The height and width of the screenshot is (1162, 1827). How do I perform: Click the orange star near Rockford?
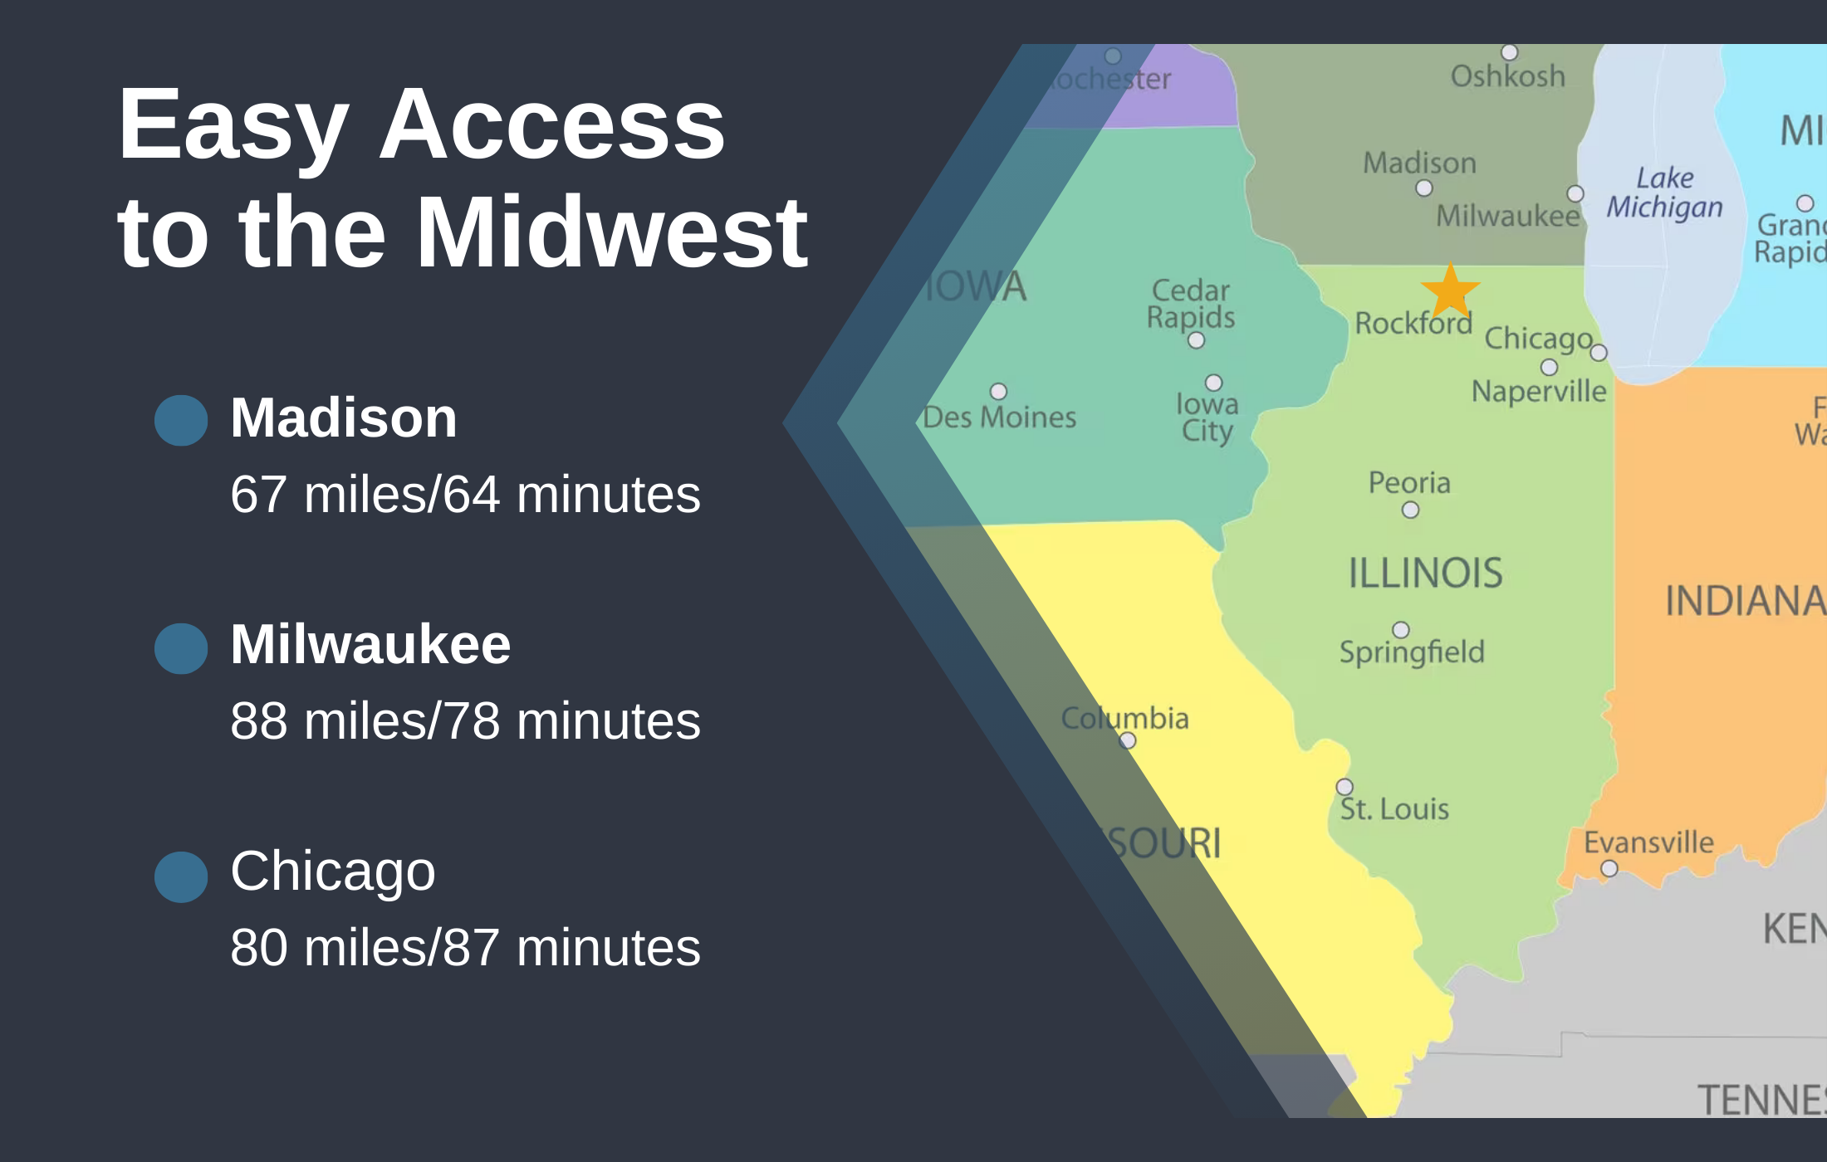1450,290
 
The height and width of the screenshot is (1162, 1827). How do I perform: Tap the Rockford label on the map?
1413,323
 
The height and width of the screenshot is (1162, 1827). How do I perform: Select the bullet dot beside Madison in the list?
181,420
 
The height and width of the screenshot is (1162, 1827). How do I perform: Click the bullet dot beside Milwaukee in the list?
181,648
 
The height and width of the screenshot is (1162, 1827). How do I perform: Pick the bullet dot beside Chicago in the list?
181,876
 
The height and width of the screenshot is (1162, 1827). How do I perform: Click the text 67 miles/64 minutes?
465,495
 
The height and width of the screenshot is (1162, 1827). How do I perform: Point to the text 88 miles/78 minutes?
465,720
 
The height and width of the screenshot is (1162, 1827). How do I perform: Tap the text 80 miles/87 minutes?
465,947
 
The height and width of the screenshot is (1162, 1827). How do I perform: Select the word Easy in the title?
233,126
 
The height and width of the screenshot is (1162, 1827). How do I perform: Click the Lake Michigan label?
1664,193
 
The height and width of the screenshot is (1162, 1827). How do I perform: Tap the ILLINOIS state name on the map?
1425,574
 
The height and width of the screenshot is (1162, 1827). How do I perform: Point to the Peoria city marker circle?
1410,510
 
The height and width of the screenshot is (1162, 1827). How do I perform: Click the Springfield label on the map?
1412,652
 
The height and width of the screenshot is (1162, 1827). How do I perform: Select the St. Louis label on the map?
1394,809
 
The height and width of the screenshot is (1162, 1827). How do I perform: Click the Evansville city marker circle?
1609,868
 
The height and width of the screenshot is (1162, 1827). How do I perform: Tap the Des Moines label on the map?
999,417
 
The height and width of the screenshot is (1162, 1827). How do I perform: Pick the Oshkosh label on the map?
1507,76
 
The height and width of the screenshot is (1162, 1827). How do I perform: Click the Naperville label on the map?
1539,391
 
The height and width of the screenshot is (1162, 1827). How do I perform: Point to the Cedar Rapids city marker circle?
1196,340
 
